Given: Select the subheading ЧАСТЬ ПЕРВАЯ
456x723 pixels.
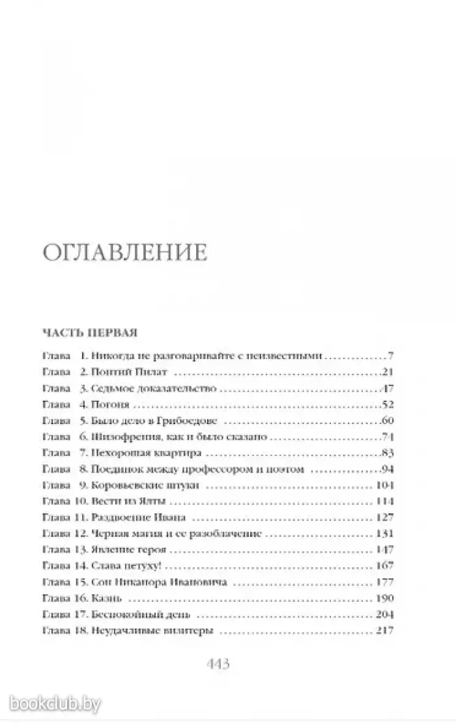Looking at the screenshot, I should coord(89,332).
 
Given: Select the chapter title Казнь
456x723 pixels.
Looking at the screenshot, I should coord(107,598).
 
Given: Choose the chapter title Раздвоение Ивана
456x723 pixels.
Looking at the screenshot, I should coord(139,517).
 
